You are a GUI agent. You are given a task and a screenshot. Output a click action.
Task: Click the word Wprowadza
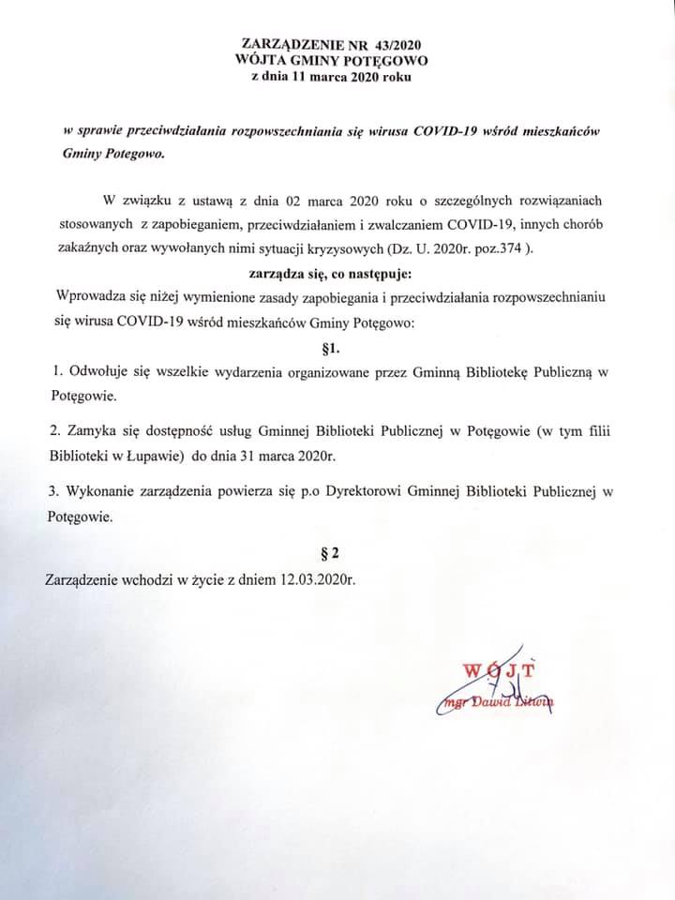pos(91,296)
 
